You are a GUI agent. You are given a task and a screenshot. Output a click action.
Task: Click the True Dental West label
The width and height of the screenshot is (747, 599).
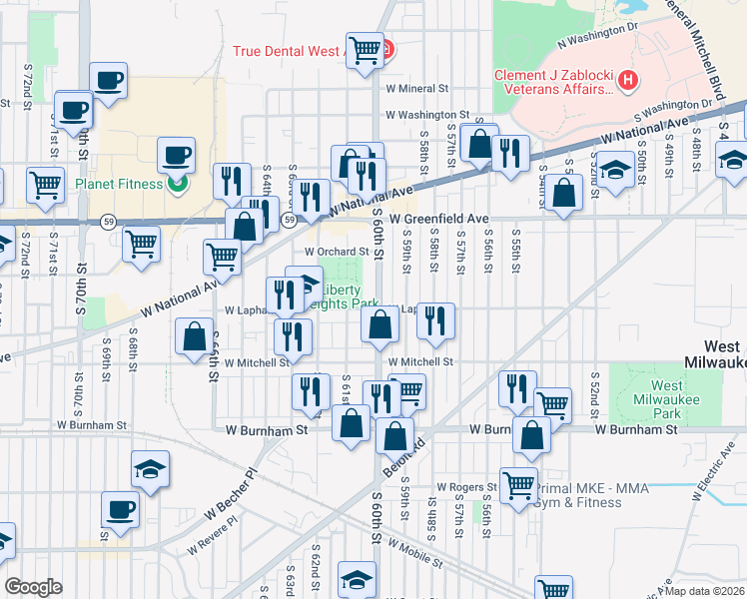click(289, 50)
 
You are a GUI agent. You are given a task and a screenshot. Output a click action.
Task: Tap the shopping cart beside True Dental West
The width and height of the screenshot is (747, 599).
click(366, 49)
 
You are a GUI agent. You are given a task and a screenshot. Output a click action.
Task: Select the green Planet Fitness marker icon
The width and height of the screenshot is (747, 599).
click(177, 183)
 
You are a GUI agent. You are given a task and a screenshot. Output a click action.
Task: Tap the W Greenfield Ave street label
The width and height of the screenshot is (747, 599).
click(439, 218)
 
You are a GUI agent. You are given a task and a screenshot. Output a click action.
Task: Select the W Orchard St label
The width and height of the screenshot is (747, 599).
click(337, 252)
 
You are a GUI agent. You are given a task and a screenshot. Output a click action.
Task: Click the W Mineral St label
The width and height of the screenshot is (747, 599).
click(420, 88)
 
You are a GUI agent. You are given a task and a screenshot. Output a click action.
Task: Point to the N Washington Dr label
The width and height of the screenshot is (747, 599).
click(597, 37)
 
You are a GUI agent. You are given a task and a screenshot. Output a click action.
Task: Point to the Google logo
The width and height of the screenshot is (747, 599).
click(34, 586)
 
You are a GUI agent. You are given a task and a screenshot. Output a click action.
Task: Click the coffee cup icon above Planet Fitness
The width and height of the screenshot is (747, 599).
click(177, 157)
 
